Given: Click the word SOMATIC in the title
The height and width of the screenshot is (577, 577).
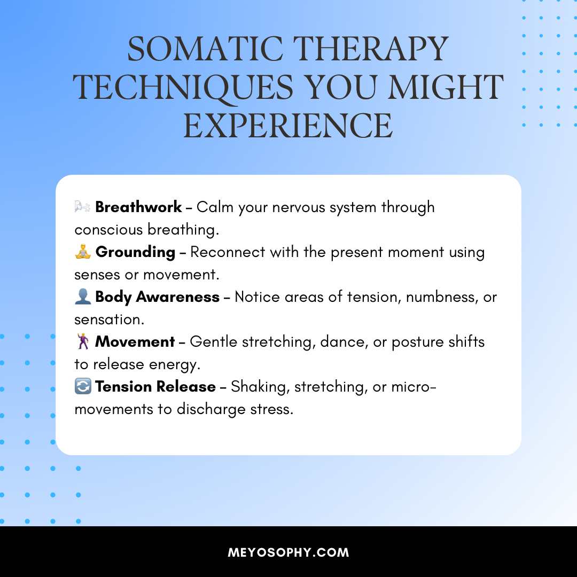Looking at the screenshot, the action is tap(205, 49).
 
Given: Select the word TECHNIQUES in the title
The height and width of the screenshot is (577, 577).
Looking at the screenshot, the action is tap(183, 88).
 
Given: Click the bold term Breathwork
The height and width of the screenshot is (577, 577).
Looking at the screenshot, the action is tap(138, 207).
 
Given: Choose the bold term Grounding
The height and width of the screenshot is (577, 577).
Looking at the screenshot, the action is tap(135, 252).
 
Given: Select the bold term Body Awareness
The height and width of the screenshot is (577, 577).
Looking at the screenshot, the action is tap(157, 298).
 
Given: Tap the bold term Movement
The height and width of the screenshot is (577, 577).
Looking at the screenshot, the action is tap(135, 342).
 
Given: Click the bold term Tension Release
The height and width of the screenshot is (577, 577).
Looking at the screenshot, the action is tap(155, 387).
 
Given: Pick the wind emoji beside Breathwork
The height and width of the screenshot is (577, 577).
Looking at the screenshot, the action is tap(82, 207).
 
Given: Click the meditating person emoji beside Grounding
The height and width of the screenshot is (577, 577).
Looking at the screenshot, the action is tap(83, 252).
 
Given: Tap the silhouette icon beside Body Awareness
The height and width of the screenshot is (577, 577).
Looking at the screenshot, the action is tap(83, 297).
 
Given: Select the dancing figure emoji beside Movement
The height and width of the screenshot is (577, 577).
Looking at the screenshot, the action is tap(83, 341).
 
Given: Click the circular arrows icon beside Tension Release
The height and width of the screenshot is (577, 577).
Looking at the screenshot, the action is tap(83, 386).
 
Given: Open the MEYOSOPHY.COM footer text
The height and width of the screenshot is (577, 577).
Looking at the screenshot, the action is tap(288, 552).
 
